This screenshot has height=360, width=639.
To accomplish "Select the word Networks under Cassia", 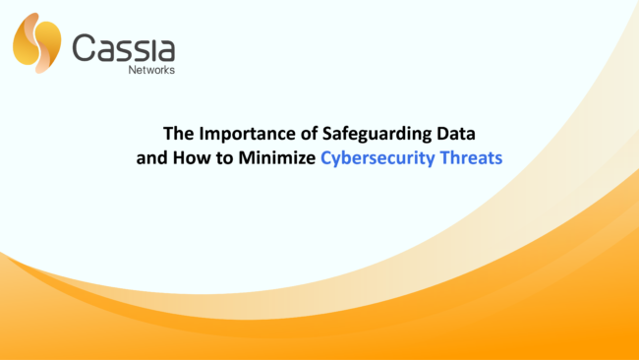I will point(151,70).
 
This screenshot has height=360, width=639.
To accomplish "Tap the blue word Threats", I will point(472,155).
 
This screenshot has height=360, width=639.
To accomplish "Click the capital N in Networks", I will point(133,70).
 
